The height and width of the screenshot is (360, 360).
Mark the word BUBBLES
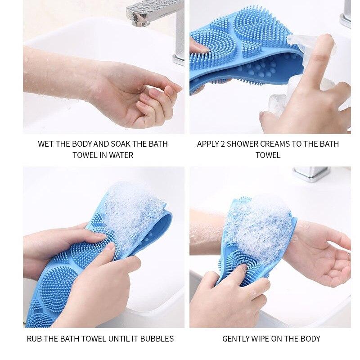click(157, 338)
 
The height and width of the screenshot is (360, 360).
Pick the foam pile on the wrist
click(261, 225)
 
